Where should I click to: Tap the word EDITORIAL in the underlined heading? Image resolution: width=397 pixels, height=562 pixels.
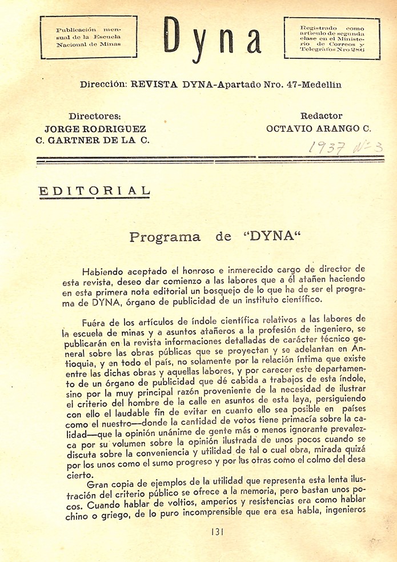point(94,191)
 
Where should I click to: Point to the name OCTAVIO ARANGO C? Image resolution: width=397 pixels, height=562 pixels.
point(319,129)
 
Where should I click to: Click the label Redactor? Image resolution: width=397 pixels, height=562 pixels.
point(321,116)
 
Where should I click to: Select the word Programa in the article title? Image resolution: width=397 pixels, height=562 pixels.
point(165,237)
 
